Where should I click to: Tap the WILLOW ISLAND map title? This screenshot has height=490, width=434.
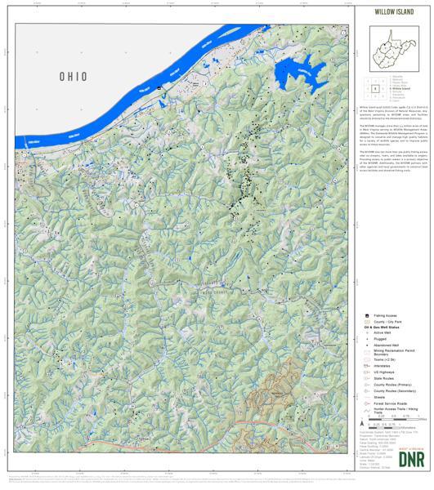(x=394, y=13)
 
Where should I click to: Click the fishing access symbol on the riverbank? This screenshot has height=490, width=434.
(x=159, y=87)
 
